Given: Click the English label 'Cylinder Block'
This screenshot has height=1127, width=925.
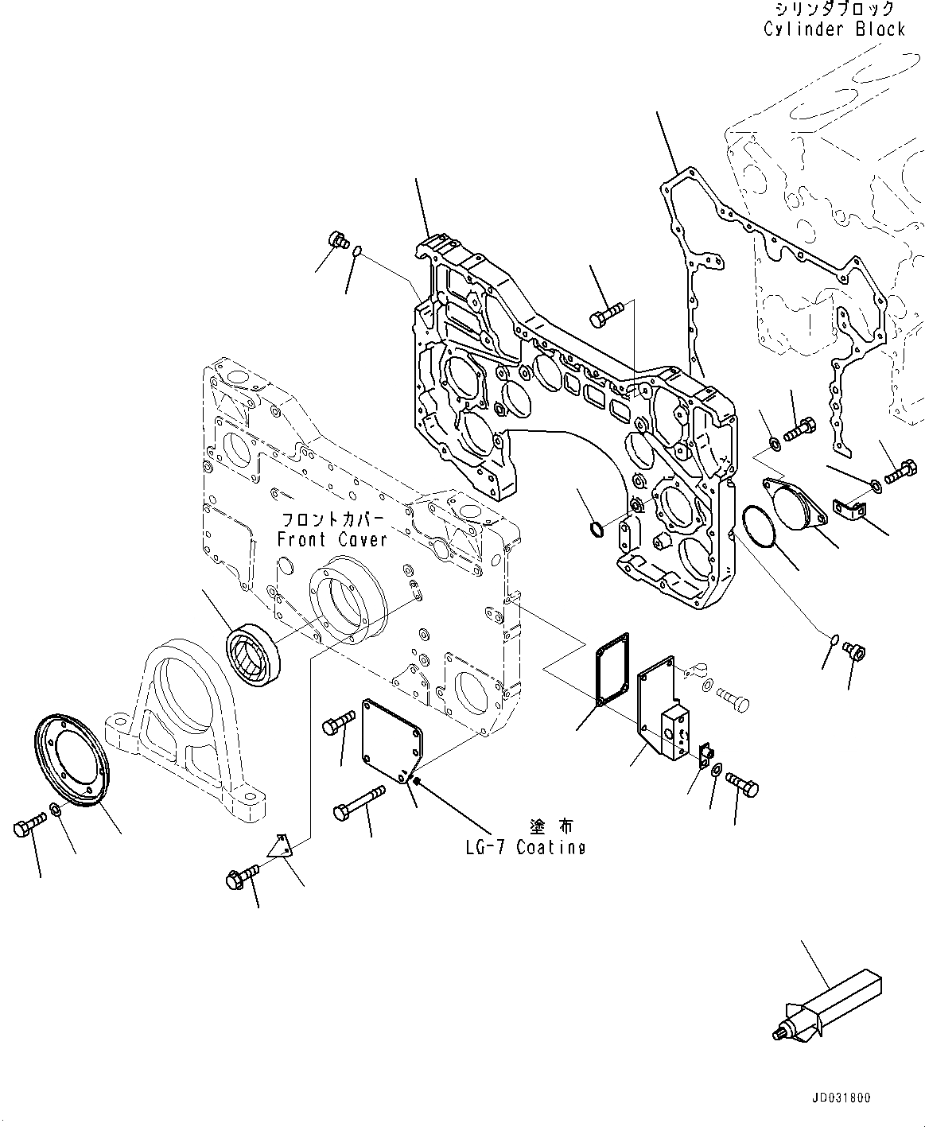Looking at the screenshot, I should pyautogui.click(x=834, y=29).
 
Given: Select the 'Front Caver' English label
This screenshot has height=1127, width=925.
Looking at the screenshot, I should pyautogui.click(x=332, y=539).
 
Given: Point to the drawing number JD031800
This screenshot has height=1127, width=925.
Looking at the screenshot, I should pyautogui.click(x=841, y=1098).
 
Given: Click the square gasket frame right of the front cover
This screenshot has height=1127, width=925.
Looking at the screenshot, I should pyautogui.click(x=612, y=669).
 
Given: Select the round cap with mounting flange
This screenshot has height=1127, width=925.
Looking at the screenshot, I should pyautogui.click(x=796, y=503).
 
